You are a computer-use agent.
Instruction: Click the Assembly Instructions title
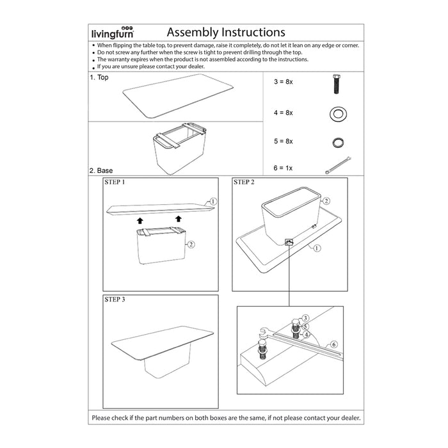click(226, 32)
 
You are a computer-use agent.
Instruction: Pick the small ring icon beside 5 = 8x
click(337, 141)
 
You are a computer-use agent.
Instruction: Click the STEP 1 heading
click(115, 182)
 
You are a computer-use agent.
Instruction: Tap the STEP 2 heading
click(244, 182)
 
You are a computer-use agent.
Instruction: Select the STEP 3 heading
click(115, 299)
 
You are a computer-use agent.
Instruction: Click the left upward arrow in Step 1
click(140, 220)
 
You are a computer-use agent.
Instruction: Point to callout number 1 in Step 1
click(214, 201)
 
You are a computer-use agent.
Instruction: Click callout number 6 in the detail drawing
click(333, 344)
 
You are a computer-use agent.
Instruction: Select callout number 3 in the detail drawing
click(305, 318)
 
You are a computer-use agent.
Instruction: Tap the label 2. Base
click(102, 170)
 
